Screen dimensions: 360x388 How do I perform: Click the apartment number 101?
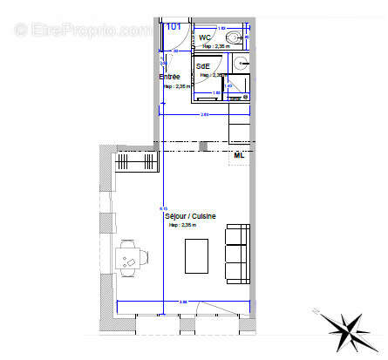(174, 26)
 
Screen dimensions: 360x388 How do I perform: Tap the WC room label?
(205, 37)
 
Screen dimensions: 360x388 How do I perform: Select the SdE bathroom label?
(202, 65)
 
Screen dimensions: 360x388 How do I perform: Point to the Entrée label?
(169, 77)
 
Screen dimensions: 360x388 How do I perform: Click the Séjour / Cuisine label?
(190, 215)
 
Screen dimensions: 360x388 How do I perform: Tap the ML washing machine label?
(240, 155)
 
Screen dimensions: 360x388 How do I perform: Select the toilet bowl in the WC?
(235, 37)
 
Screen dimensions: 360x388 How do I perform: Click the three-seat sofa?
(235, 253)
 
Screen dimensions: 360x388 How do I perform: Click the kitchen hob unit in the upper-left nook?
(135, 162)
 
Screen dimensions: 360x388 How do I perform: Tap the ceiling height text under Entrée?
(175, 86)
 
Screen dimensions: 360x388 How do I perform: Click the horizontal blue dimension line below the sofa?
(183, 301)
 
